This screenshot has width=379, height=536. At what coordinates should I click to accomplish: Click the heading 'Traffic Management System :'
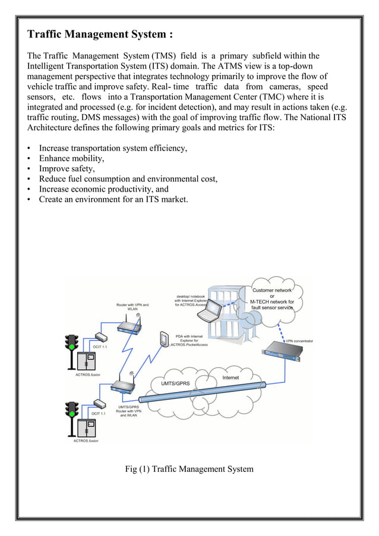100,34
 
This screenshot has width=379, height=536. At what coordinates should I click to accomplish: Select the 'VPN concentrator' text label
299,341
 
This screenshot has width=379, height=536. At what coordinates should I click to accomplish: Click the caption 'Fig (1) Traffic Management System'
189,469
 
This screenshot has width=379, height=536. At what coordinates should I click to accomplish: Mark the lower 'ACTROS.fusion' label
86,441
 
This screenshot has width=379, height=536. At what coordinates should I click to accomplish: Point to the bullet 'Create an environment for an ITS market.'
113,199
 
